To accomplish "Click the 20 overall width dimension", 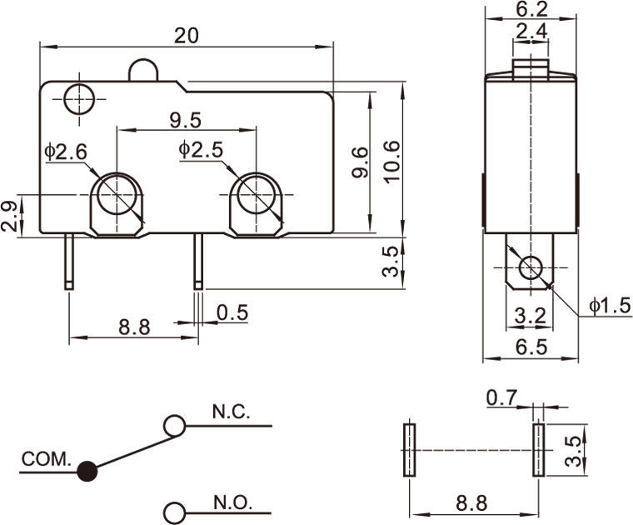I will [x=187, y=35].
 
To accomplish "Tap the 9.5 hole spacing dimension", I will [x=185, y=120].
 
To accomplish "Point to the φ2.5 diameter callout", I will [x=200, y=150].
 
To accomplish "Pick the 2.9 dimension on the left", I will [x=9, y=216].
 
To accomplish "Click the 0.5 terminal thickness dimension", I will [x=232, y=312].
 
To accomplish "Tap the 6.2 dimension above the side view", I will [x=531, y=10].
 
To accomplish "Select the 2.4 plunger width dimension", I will [x=531, y=32].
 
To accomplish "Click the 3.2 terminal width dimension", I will [x=531, y=316].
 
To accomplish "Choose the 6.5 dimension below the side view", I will [x=531, y=348].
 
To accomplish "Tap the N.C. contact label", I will [x=230, y=412].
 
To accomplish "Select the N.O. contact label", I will [x=231, y=502].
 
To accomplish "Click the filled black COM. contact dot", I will [x=87, y=471].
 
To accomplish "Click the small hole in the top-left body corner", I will [x=79, y=97].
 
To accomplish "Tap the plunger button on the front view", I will [x=143, y=70].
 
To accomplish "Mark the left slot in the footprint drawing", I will [x=409, y=450].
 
